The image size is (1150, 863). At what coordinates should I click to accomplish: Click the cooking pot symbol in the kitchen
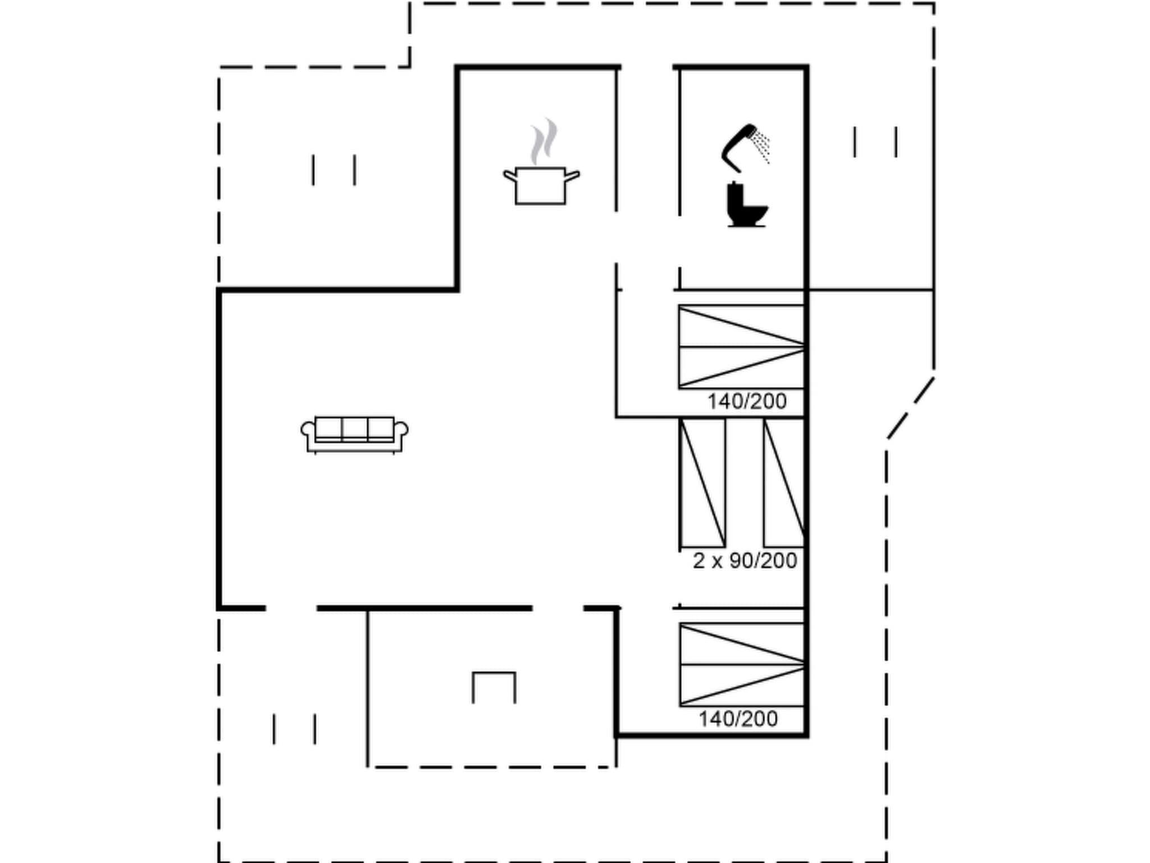[x=540, y=185]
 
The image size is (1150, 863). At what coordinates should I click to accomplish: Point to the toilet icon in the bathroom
[x=746, y=205]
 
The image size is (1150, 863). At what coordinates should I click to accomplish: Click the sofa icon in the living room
[x=354, y=434]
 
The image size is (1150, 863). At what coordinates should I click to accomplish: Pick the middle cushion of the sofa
[x=354, y=429]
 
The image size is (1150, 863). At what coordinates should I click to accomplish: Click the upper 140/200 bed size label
[x=747, y=401]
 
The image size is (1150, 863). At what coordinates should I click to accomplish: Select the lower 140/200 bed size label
[x=738, y=719]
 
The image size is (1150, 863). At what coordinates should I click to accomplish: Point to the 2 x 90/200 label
[x=745, y=560]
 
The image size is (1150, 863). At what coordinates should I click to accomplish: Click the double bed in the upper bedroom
[x=741, y=347]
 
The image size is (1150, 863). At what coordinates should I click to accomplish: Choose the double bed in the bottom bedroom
[x=741, y=664]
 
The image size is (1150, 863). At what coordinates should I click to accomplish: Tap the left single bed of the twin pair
[x=702, y=483]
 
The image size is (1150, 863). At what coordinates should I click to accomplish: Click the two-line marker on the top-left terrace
[x=334, y=170]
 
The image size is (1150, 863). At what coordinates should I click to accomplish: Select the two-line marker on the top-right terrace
[x=875, y=142]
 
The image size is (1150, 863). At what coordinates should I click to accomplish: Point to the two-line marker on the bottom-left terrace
[x=294, y=729]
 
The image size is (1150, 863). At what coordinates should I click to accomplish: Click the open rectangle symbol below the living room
[x=494, y=687]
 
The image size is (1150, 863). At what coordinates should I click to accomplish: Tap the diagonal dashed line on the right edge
[x=911, y=408]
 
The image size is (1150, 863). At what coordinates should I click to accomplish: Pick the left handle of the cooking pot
[x=510, y=176]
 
